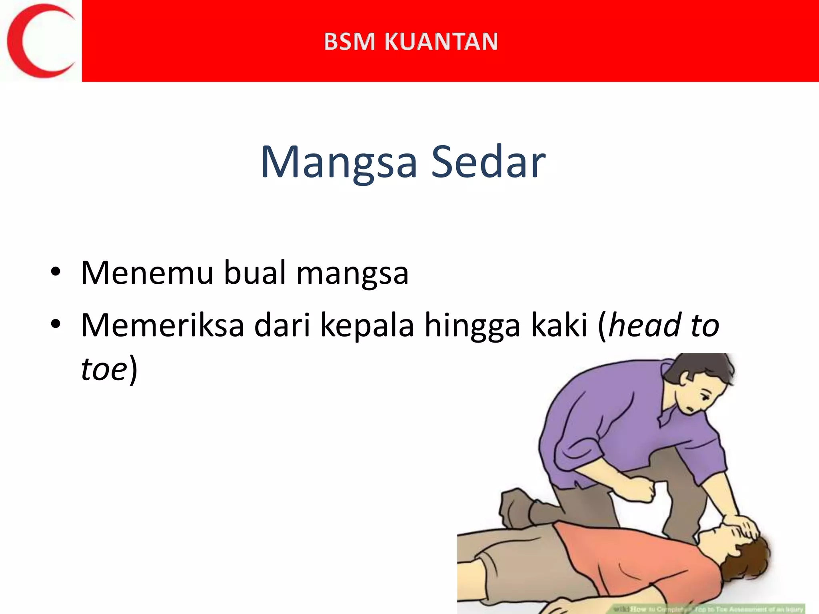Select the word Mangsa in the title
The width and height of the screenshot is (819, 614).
[339, 162]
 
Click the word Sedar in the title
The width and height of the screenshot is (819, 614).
[488, 162]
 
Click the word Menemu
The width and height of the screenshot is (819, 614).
[147, 273]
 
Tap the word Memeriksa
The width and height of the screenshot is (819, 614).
[162, 325]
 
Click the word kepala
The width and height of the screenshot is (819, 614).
[367, 325]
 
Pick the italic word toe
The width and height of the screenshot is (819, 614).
[104, 369]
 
